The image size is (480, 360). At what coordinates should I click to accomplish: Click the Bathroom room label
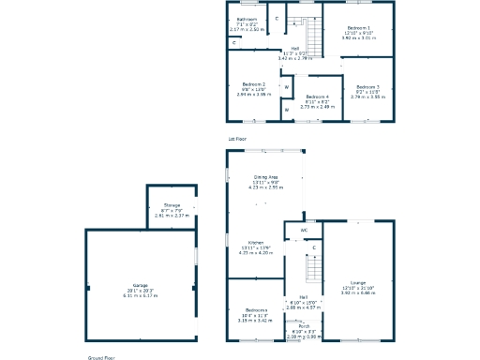(247, 19)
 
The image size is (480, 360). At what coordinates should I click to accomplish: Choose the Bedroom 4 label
(317, 97)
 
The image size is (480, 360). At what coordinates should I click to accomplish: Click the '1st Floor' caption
(237, 139)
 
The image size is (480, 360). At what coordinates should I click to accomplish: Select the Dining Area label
(265, 176)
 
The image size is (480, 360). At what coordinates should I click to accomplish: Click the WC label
(304, 230)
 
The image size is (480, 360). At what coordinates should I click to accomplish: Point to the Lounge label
(357, 281)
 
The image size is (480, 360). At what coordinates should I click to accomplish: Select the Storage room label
(172, 204)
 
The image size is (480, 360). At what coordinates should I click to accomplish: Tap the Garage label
(140, 285)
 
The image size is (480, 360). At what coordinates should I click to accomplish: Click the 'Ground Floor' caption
(101, 357)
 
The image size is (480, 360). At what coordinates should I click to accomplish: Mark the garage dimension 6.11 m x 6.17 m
(140, 294)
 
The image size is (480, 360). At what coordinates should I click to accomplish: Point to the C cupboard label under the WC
(313, 247)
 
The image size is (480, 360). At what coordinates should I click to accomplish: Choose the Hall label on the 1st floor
(294, 49)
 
